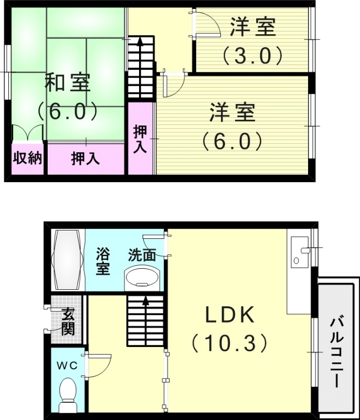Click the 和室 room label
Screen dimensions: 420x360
67,83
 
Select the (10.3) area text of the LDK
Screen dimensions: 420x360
229,344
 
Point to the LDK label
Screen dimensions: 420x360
229,316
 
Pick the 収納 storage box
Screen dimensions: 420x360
27,158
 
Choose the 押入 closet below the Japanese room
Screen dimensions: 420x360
85,158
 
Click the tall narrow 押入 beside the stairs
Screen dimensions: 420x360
140,139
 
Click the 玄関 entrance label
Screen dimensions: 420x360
68,321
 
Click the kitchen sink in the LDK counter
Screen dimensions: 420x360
300,250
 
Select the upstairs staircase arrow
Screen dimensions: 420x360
141,45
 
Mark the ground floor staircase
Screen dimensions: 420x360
145,320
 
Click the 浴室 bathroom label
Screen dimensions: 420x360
102,260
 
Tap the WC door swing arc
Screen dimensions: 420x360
101,365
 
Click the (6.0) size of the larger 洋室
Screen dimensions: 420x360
232,141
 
